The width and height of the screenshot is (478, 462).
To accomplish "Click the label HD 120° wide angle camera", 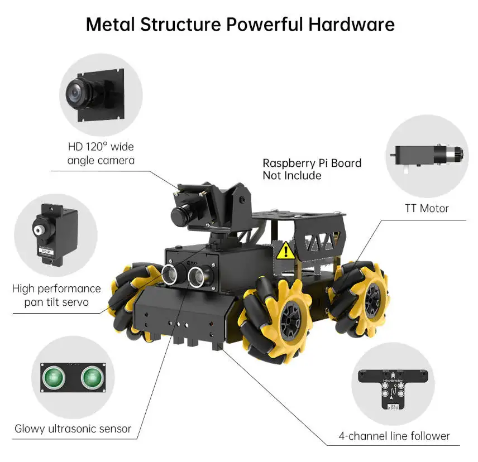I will (101, 153).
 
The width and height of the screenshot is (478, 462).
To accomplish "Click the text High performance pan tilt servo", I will (56, 296).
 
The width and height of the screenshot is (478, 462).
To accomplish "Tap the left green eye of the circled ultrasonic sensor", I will (56, 378).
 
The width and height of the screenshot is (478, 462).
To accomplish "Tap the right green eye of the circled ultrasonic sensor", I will (93, 378).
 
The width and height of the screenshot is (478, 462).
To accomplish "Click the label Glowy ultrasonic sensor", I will (73, 429).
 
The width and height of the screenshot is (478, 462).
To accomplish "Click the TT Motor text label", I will (427, 209).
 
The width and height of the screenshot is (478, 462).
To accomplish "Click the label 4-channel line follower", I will (394, 436).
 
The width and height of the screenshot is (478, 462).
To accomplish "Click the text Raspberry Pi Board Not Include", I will (312, 169).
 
